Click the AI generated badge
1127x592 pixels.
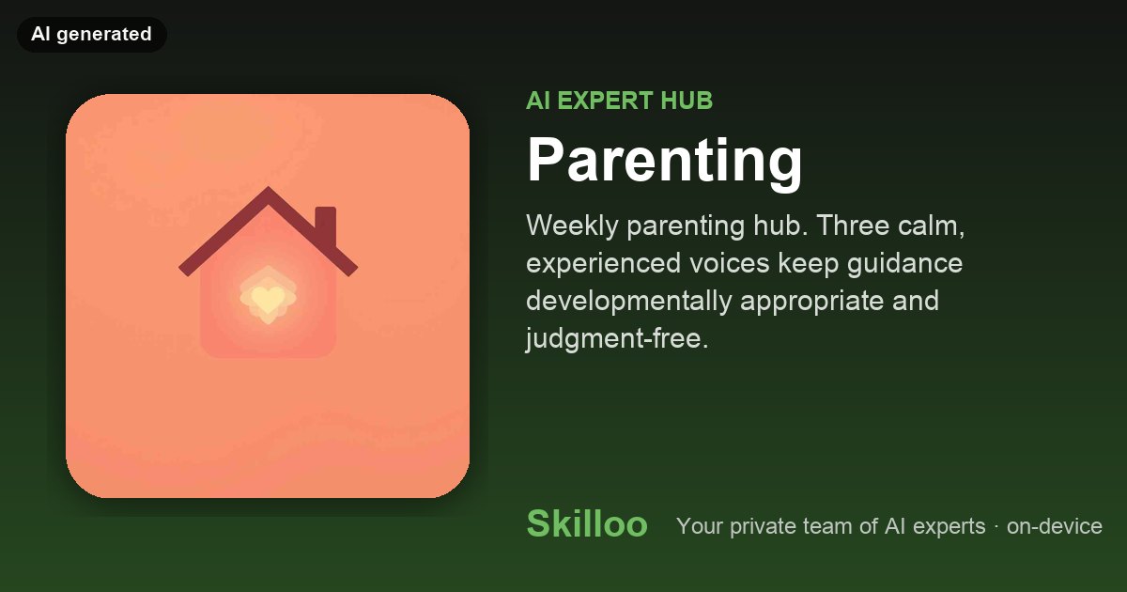pos(92,34)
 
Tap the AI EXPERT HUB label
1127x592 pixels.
pos(619,101)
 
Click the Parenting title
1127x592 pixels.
pos(664,161)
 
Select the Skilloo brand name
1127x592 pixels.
pos(587,523)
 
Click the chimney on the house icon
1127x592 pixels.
pos(326,225)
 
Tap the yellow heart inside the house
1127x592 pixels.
pos(268,298)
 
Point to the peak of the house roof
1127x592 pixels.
pos(268,187)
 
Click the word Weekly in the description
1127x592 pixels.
pos(572,226)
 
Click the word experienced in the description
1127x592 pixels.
pos(603,264)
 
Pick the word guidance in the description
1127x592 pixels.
pos(904,264)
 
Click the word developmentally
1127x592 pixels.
pos(629,302)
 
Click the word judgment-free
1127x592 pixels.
pos(617,338)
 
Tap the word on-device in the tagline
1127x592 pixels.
pos(1055,526)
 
